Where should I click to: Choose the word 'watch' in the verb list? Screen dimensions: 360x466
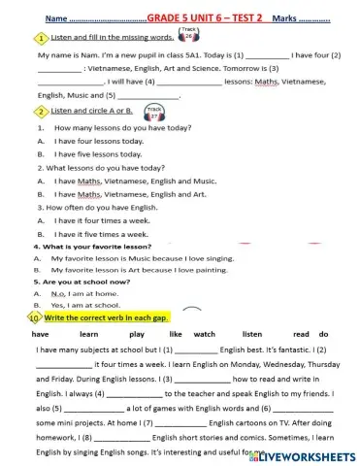click(x=205, y=333)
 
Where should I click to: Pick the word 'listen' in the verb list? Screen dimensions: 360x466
click(x=251, y=333)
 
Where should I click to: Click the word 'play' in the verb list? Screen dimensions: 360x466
click(x=137, y=333)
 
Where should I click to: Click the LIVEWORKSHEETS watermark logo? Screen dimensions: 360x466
click(x=301, y=454)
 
